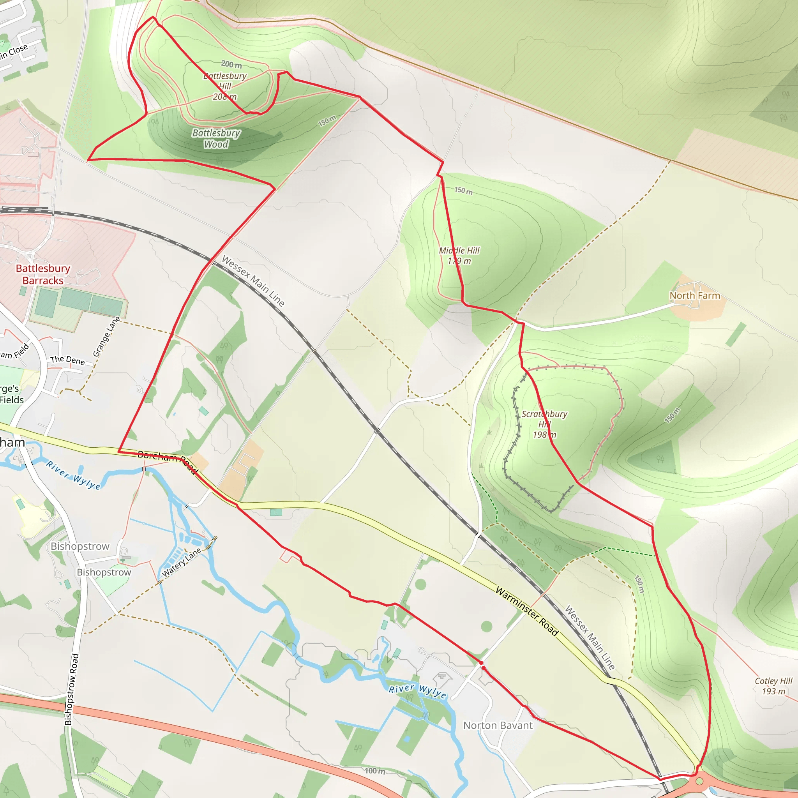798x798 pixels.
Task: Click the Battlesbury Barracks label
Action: tap(43, 274)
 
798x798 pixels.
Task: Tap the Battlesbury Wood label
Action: tap(216, 138)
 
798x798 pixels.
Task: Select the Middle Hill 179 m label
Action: tap(459, 256)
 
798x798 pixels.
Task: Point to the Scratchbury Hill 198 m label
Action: tap(544, 424)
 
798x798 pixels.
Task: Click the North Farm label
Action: tap(695, 295)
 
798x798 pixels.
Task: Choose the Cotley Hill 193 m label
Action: tap(773, 686)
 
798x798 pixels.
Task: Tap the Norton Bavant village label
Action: tap(498, 725)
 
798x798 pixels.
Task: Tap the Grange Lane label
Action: tap(106, 337)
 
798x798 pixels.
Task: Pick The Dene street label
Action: tap(67, 360)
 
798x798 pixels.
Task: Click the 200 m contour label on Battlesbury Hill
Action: tap(231, 64)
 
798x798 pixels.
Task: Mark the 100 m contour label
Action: tap(374, 771)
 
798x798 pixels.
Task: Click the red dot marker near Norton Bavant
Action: tap(481, 663)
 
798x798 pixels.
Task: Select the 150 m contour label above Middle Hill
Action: tap(463, 191)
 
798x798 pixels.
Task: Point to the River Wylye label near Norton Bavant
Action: tap(418, 691)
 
